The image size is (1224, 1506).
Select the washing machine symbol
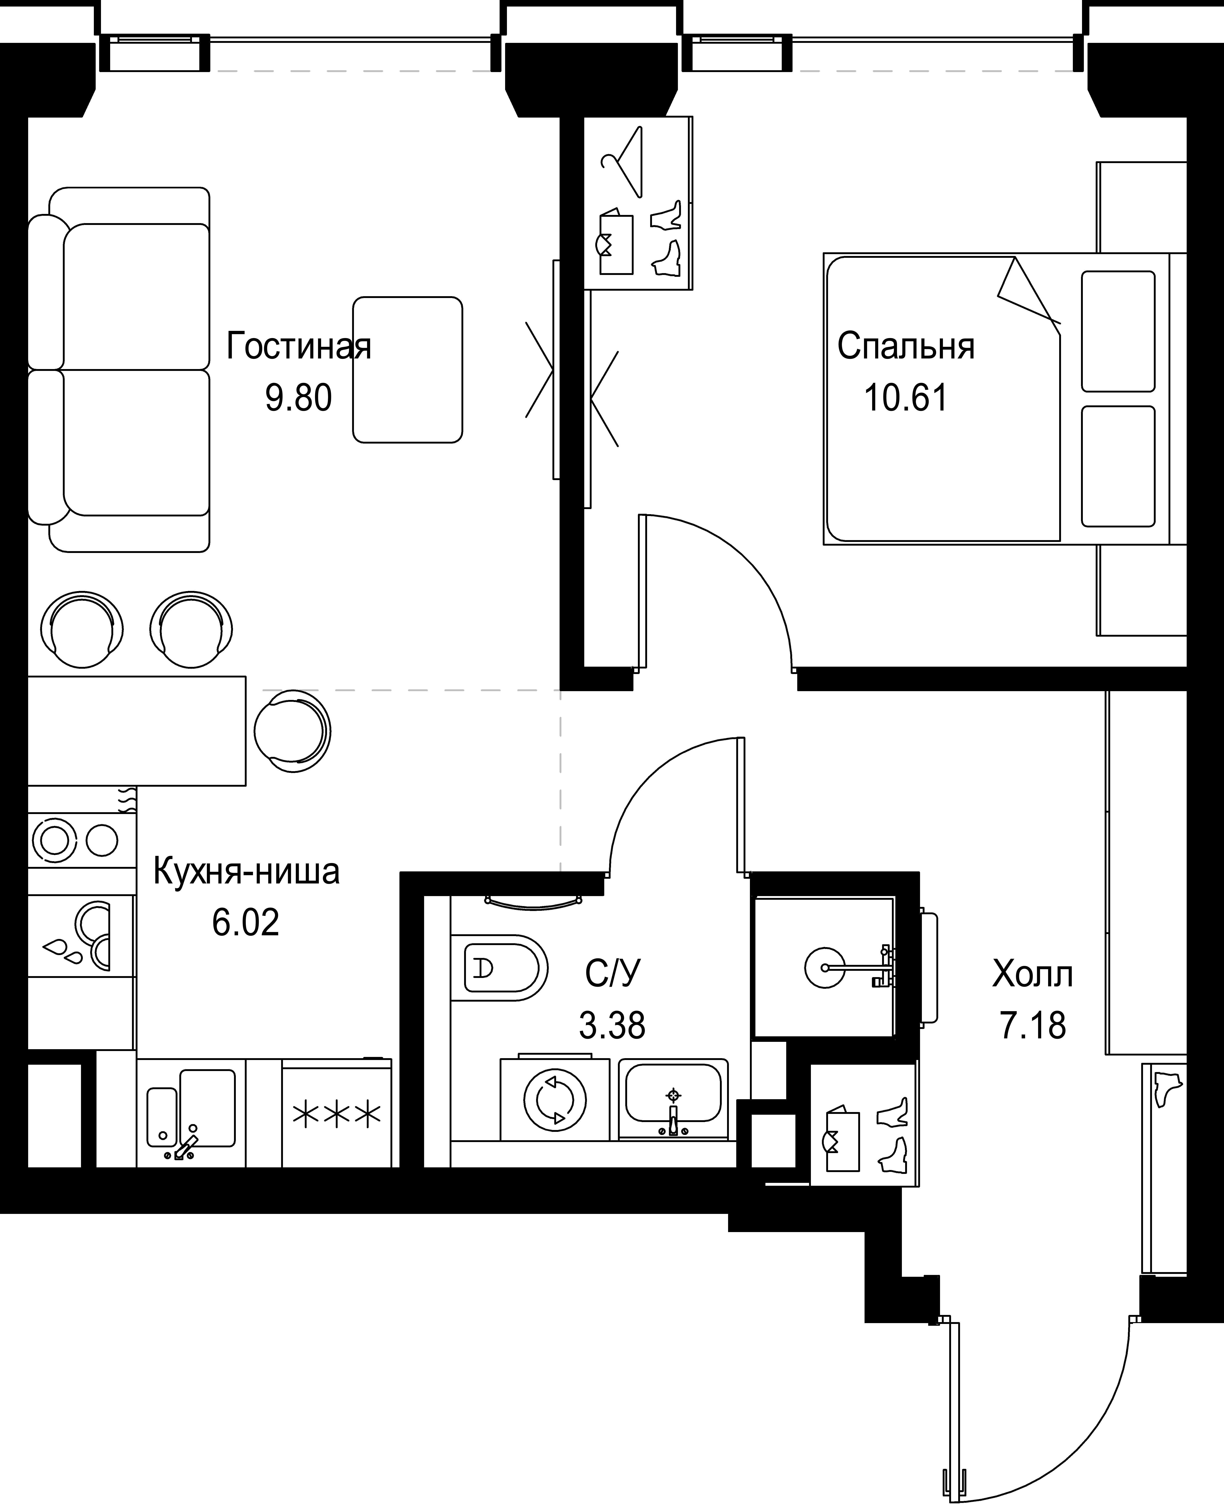click(555, 1100)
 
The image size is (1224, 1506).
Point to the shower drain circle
click(824, 968)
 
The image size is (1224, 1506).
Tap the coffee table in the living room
click(408, 370)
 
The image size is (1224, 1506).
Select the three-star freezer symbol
click(336, 1115)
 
